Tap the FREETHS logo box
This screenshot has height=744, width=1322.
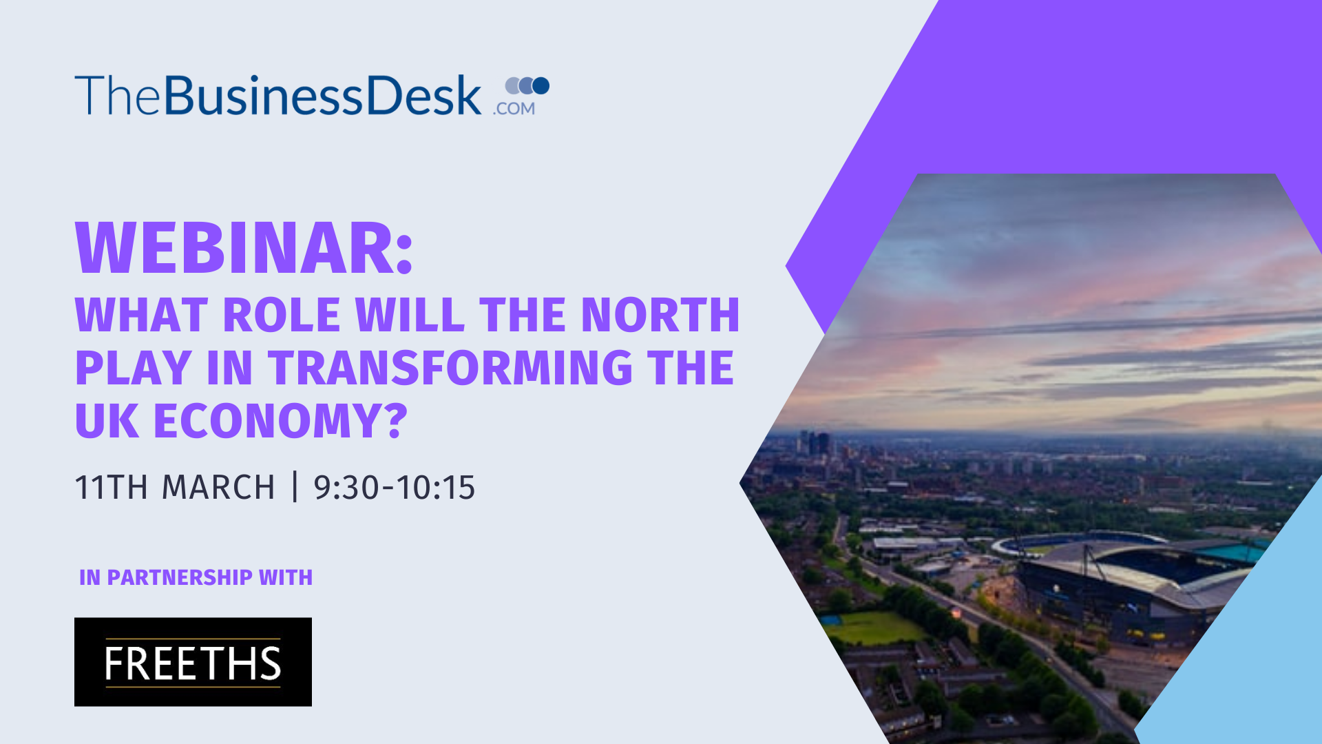(x=193, y=661)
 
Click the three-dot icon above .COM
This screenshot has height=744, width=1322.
(x=527, y=85)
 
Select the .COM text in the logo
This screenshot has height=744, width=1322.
(x=514, y=108)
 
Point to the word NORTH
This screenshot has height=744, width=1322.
(x=660, y=315)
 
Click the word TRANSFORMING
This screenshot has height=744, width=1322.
(x=450, y=367)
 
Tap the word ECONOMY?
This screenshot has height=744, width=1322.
(x=281, y=420)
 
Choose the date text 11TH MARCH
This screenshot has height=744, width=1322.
(x=175, y=487)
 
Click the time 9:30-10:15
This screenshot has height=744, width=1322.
(x=395, y=487)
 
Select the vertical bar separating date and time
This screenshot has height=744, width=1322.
(x=295, y=486)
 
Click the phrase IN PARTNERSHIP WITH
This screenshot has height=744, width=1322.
(x=196, y=577)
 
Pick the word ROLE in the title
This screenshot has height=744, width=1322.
(x=282, y=315)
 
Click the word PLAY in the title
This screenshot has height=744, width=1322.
(x=133, y=367)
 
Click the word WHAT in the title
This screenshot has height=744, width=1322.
(x=141, y=315)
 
